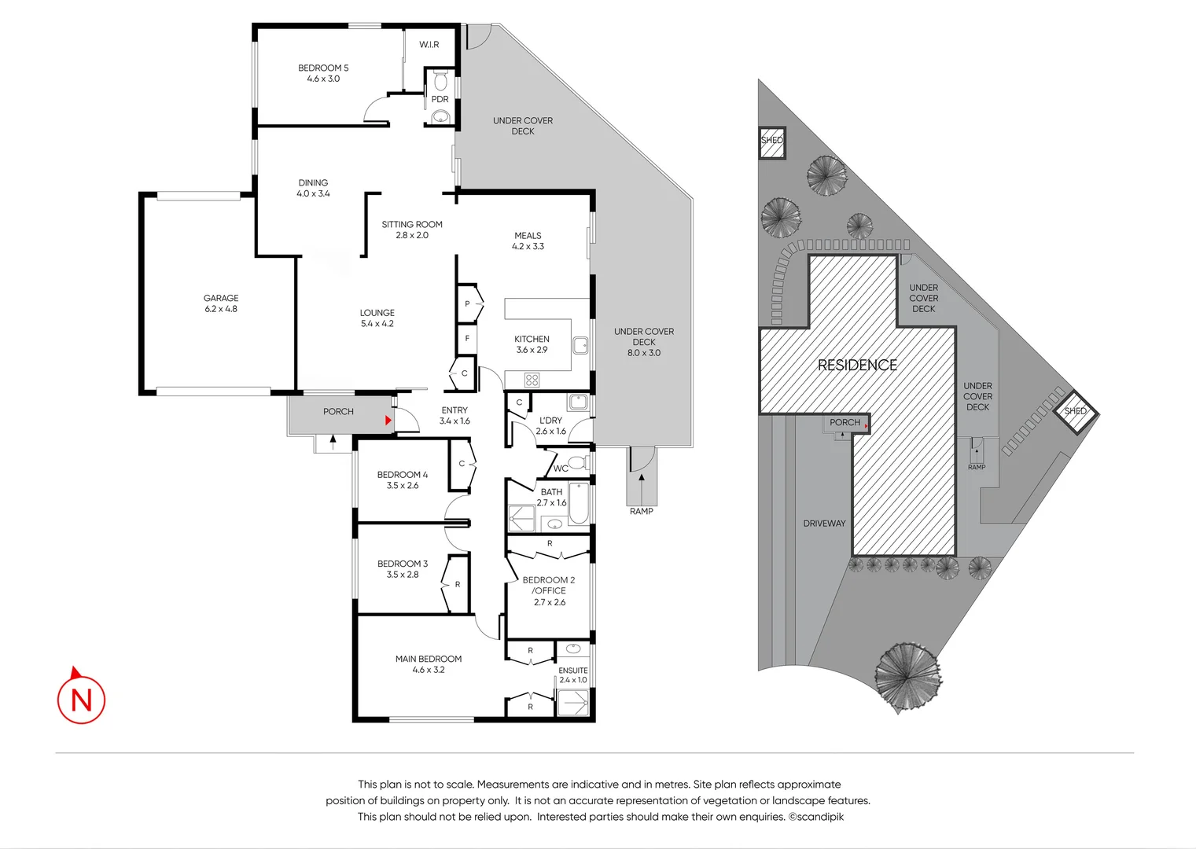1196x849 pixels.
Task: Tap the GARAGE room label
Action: click(221, 298)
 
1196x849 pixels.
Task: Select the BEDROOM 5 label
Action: click(323, 68)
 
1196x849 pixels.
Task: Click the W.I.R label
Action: click(429, 44)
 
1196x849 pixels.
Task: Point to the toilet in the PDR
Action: click(440, 80)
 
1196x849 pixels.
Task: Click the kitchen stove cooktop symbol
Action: click(532, 380)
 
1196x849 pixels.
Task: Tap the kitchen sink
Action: click(580, 345)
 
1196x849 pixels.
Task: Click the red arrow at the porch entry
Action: click(388, 421)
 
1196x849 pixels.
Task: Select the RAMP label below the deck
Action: click(642, 511)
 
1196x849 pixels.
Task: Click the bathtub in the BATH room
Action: click(578, 503)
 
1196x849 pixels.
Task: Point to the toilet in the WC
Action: click(577, 462)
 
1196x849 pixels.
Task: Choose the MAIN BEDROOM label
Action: click(429, 659)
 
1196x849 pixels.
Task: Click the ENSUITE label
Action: click(573, 671)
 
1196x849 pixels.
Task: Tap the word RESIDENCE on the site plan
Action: click(858, 365)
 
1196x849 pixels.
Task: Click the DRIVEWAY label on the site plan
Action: click(824, 524)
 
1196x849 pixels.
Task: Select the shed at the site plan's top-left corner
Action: click(772, 142)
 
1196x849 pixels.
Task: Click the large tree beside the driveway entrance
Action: click(907, 677)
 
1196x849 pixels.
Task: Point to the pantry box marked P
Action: click(469, 303)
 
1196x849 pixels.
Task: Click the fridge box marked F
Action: click(467, 338)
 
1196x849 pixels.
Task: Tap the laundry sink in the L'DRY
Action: click(578, 402)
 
